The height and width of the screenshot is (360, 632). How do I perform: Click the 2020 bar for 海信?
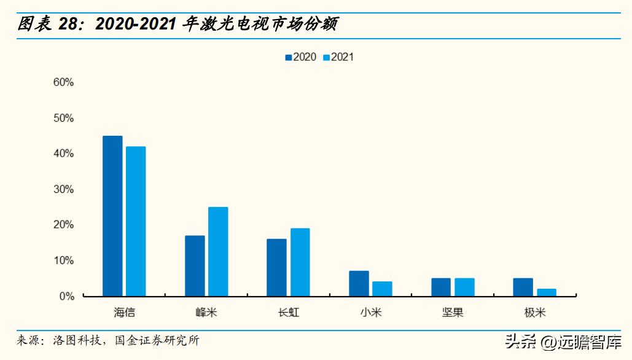(112, 216)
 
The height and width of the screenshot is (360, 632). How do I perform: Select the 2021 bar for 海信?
(135, 221)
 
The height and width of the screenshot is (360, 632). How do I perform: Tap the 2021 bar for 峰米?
(218, 252)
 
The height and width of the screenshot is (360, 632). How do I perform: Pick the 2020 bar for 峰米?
(195, 266)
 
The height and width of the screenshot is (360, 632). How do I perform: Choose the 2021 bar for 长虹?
(300, 262)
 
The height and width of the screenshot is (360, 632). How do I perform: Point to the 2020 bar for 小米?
(359, 284)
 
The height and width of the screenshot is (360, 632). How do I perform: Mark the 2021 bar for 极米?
(546, 292)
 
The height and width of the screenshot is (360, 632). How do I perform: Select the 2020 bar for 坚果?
(441, 288)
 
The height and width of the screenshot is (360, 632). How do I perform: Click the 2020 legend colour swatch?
(288, 57)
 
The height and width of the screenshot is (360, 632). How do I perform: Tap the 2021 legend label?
(342, 57)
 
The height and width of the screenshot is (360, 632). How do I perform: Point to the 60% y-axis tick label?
(63, 82)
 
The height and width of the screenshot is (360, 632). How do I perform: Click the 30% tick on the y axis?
(63, 189)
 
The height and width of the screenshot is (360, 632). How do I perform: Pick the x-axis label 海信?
(124, 313)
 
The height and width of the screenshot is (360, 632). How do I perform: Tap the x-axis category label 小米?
(370, 313)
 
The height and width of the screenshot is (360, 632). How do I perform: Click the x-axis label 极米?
(534, 313)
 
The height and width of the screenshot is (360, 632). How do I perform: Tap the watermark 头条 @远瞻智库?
(563, 342)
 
